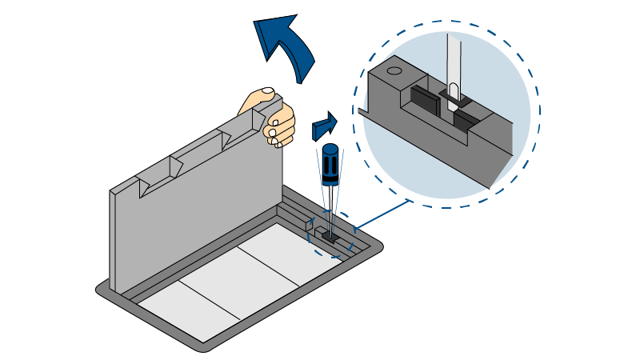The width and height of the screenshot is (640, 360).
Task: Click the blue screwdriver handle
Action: click(329, 164)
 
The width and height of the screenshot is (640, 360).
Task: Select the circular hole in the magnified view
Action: click(394, 71)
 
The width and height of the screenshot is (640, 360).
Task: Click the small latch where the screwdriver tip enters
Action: click(328, 236)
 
